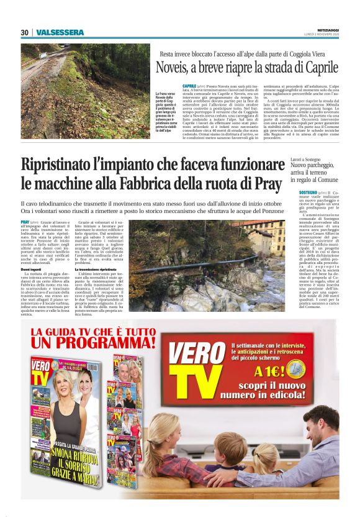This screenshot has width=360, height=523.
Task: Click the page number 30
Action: (x=24, y=32)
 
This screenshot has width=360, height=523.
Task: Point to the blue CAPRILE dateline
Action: (x=189, y=85)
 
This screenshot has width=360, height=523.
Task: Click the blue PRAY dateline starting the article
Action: (x=25, y=221)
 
